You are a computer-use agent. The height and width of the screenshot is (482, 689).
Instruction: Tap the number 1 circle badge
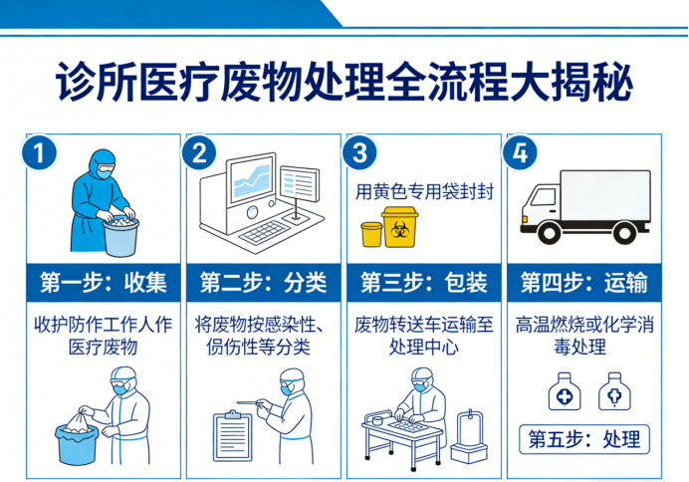click(x=39, y=153)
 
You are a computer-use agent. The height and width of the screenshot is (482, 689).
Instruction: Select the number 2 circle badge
click(x=199, y=153)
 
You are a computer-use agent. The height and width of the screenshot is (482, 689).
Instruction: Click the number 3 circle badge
click(x=359, y=153)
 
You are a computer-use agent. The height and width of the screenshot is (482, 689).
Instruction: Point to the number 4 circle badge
click(x=520, y=153)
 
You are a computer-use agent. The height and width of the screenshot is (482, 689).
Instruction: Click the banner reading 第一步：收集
click(x=103, y=283)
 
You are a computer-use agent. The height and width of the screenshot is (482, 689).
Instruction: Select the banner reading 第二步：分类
click(x=263, y=283)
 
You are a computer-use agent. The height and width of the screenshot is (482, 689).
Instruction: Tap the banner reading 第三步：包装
click(x=423, y=283)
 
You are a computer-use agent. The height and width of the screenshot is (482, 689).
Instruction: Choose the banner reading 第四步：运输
click(x=584, y=283)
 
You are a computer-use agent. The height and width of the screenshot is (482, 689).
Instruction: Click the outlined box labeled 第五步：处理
click(x=584, y=438)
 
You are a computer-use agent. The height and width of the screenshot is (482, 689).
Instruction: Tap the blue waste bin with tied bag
click(x=76, y=438)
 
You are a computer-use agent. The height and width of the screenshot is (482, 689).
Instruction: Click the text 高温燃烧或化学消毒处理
click(x=584, y=337)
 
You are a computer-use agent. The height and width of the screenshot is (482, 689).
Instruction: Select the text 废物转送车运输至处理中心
click(x=423, y=337)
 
